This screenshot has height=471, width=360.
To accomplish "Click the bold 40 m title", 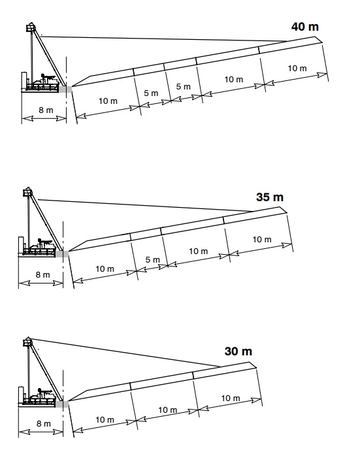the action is point(304,27).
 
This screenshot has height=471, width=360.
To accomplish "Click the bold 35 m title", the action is point(270,197).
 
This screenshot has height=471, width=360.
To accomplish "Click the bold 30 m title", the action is point(238,351).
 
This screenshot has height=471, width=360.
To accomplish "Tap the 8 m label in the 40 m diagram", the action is point(46,110).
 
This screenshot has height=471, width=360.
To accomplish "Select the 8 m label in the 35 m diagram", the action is point(42,274).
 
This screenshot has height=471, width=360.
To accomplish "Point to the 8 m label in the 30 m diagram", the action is point(44,423).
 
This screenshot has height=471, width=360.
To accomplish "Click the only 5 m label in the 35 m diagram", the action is point(153,259).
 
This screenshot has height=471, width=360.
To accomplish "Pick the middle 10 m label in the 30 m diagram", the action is point(168,410).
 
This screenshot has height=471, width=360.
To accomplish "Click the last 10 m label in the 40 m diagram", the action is point(297,69).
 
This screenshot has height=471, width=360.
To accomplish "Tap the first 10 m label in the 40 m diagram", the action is point(108,101).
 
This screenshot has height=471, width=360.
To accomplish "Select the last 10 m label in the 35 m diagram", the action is point(262,240).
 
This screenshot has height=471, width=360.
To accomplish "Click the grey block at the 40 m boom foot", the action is point(65,89).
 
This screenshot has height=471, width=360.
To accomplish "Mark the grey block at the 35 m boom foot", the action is point(62,254).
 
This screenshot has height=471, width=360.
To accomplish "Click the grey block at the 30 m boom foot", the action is point(62,404).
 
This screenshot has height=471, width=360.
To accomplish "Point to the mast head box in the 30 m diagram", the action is point(27,342).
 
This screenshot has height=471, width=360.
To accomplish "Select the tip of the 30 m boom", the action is point(256,367).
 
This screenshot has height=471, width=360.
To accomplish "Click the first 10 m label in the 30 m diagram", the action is point(105,419).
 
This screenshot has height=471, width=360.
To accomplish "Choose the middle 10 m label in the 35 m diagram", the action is point(199,251).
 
